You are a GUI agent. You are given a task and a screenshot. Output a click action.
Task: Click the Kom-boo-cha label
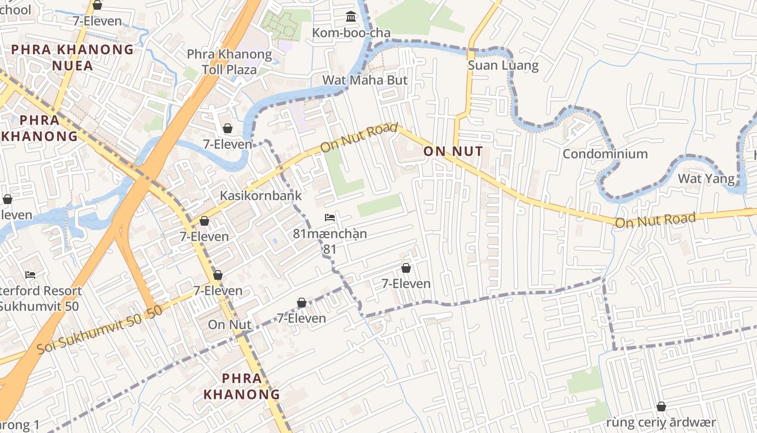(351, 33)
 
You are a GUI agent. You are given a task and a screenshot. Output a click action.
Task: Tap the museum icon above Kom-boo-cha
(351, 17)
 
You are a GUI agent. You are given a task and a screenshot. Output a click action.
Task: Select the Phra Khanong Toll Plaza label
(229, 62)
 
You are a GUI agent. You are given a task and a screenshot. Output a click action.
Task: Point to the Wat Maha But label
(365, 80)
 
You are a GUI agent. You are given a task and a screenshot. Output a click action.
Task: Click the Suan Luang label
(503, 66)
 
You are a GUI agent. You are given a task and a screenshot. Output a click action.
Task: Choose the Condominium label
(605, 154)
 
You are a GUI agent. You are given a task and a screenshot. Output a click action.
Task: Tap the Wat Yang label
(706, 179)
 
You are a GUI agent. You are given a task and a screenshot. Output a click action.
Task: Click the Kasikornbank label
(261, 195)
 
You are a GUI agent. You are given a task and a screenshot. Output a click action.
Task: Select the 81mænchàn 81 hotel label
(330, 241)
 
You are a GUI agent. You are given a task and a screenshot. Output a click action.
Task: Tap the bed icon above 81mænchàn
(330, 218)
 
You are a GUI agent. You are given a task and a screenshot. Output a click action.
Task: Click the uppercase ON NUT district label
(453, 152)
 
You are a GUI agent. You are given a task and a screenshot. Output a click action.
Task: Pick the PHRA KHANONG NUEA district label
(72, 58)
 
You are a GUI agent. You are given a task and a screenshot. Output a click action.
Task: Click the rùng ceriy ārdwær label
(661, 422)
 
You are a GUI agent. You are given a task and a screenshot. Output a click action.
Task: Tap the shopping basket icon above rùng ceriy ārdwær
(661, 406)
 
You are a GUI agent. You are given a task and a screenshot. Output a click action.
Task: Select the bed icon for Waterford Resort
(30, 275)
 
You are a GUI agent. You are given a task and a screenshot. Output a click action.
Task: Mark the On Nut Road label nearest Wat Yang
(655, 220)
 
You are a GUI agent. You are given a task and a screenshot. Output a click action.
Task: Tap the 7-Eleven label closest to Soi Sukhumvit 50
(218, 291)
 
